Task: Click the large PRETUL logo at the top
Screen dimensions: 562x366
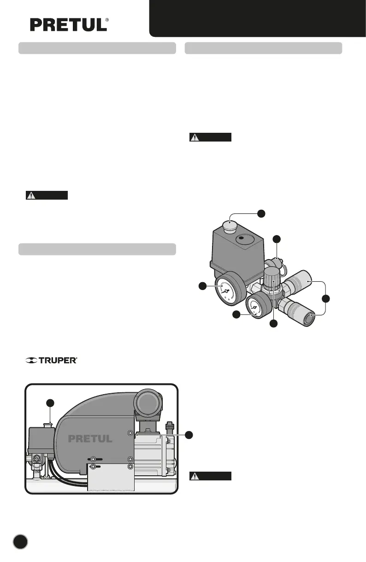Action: pos(69,25)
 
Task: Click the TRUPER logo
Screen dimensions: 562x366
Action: pos(51,361)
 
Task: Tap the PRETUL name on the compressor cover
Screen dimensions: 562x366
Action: pos(90,439)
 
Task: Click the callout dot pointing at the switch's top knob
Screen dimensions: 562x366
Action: pos(261,213)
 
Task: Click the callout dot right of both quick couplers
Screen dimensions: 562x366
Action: pos(326,299)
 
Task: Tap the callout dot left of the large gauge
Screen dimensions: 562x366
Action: pos(202,286)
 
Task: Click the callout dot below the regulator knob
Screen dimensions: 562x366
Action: pos(273,324)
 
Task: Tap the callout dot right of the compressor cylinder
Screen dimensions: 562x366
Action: pos(189,434)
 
